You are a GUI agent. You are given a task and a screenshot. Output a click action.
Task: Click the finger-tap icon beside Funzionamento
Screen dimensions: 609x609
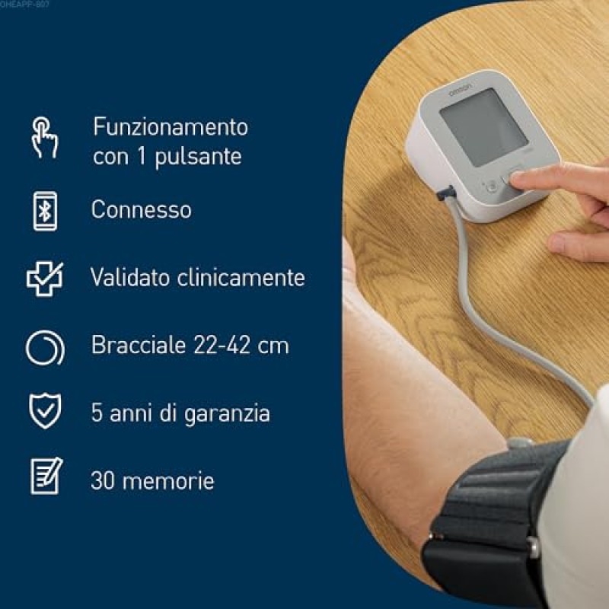44,137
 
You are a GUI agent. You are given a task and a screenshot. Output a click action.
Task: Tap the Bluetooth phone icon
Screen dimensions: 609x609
45,210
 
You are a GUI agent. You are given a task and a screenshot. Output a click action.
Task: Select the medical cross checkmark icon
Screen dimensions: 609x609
45,279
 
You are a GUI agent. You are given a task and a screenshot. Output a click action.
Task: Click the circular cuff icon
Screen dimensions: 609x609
45,346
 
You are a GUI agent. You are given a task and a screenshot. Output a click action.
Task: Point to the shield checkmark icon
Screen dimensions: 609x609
45,411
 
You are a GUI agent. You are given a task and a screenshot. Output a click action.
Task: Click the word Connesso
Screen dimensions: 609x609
141,210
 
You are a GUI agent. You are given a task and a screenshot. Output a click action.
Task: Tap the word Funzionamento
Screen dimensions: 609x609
171,126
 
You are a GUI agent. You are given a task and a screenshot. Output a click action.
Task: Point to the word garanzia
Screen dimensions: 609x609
228,414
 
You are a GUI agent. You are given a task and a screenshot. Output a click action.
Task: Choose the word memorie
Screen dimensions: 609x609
174,481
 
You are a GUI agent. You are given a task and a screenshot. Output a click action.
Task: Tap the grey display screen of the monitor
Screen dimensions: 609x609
481,126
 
